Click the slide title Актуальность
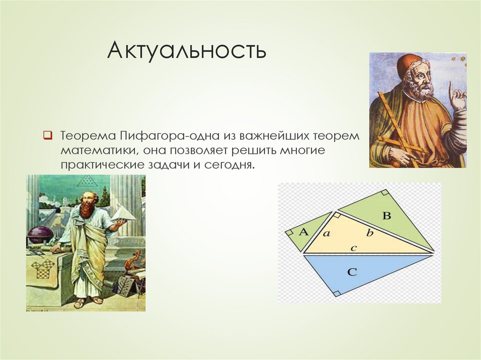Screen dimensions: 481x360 (x=187, y=50)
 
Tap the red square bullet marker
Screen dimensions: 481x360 (x=48, y=135)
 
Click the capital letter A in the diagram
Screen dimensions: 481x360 (x=303, y=232)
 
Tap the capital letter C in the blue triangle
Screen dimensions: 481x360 (x=352, y=272)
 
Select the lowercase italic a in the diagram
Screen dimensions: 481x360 (x=327, y=234)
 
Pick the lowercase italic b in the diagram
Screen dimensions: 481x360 (x=370, y=233)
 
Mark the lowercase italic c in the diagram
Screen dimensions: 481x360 (x=354, y=248)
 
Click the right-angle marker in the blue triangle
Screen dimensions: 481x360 (x=337, y=293)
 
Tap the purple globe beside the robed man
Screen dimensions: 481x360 (x=40, y=234)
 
